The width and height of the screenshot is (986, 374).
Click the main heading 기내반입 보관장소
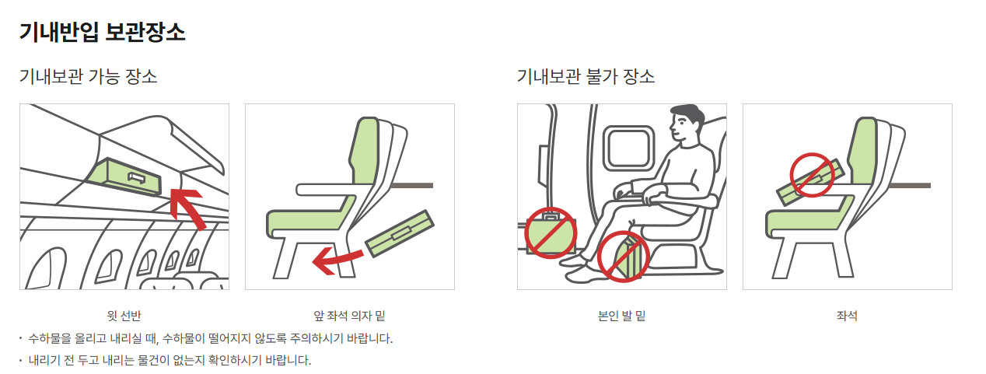tap(102, 32)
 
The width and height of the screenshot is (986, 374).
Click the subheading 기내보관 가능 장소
tap(88, 76)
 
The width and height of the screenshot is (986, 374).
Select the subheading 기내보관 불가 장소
tap(586, 76)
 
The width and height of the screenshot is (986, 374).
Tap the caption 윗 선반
tap(124, 316)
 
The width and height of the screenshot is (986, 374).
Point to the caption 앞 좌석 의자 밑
tap(349, 316)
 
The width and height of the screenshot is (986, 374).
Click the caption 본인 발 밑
tap(621, 316)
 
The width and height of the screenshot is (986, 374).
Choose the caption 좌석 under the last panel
tap(847, 316)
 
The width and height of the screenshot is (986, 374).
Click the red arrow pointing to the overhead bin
tap(188, 208)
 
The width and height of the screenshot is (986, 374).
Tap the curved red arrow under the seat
tap(337, 260)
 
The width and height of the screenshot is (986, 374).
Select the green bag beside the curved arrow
tap(400, 233)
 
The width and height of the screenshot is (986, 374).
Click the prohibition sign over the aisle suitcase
tap(551, 232)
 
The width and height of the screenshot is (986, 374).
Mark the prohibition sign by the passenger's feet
tap(623, 257)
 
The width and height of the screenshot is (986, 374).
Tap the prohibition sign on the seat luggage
tap(812, 175)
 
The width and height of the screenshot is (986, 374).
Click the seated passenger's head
tap(687, 122)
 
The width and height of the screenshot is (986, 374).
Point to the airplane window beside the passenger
tap(628, 149)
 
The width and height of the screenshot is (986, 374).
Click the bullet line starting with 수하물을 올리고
tap(211, 338)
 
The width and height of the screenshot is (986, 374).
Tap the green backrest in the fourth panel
tap(864, 149)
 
